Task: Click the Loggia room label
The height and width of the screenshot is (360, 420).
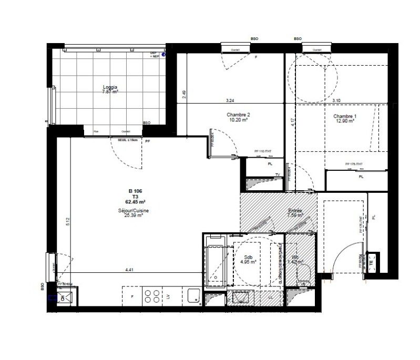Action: (x=110, y=87)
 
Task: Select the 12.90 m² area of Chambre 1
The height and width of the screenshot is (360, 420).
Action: (x=344, y=121)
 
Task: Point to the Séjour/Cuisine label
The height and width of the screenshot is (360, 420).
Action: (x=134, y=210)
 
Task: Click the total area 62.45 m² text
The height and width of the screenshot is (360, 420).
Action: (x=135, y=201)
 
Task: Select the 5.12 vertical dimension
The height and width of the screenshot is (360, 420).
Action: (x=67, y=222)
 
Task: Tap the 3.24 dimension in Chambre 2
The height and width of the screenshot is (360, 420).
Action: (x=230, y=100)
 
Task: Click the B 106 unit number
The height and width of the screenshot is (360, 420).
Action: (x=135, y=192)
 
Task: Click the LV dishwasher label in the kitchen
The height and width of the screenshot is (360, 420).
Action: (x=168, y=297)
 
